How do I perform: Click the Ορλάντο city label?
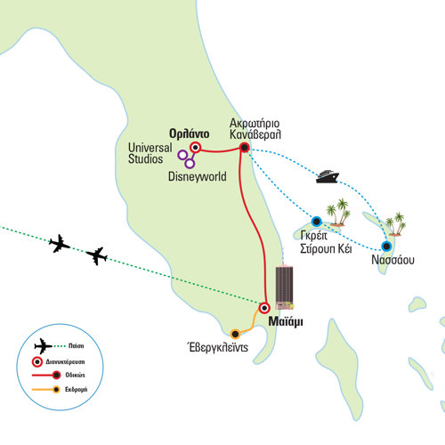tap(189, 133)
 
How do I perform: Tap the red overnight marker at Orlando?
tap(195, 147)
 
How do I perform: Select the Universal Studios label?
tap(150, 153)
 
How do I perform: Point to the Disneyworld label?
tap(198, 176)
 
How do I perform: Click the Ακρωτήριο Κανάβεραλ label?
tap(255, 129)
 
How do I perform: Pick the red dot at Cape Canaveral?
tap(244, 147)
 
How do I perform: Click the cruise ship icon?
tap(328, 176)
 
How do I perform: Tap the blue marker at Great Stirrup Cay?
tap(317, 221)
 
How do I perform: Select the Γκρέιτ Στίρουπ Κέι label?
tap(326, 242)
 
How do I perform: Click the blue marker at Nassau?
tap(386, 246)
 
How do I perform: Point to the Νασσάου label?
tap(392, 260)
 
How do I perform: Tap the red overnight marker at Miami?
tap(263, 308)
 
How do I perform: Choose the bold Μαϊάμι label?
tap(286, 322)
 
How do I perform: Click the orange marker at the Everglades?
tap(235, 334)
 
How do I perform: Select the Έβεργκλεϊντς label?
tap(217, 347)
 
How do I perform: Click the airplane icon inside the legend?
tap(43, 346)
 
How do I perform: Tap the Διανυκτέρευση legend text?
tap(65, 361)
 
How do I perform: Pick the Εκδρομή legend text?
tap(77, 389)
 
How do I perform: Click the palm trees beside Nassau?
tap(396, 224)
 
